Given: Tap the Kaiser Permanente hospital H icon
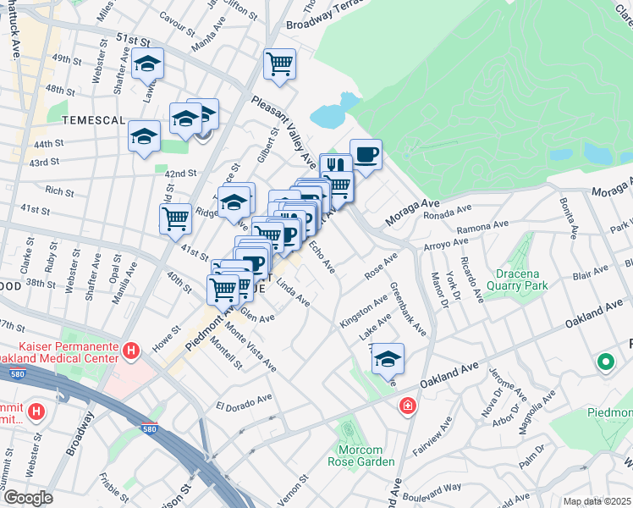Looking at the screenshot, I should pos(130,350).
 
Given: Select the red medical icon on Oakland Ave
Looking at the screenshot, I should pos(408,406).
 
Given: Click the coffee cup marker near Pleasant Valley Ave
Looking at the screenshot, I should pos(366,155).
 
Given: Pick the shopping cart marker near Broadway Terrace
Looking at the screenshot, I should pos(279,63).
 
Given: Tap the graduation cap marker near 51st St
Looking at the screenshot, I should pos(147,64).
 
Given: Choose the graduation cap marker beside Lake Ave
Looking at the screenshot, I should pos(388,359).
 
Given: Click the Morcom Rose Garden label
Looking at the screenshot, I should pos(361,455).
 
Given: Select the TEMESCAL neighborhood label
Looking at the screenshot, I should pos(56,120).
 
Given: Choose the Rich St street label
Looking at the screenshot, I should pos(60,191).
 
